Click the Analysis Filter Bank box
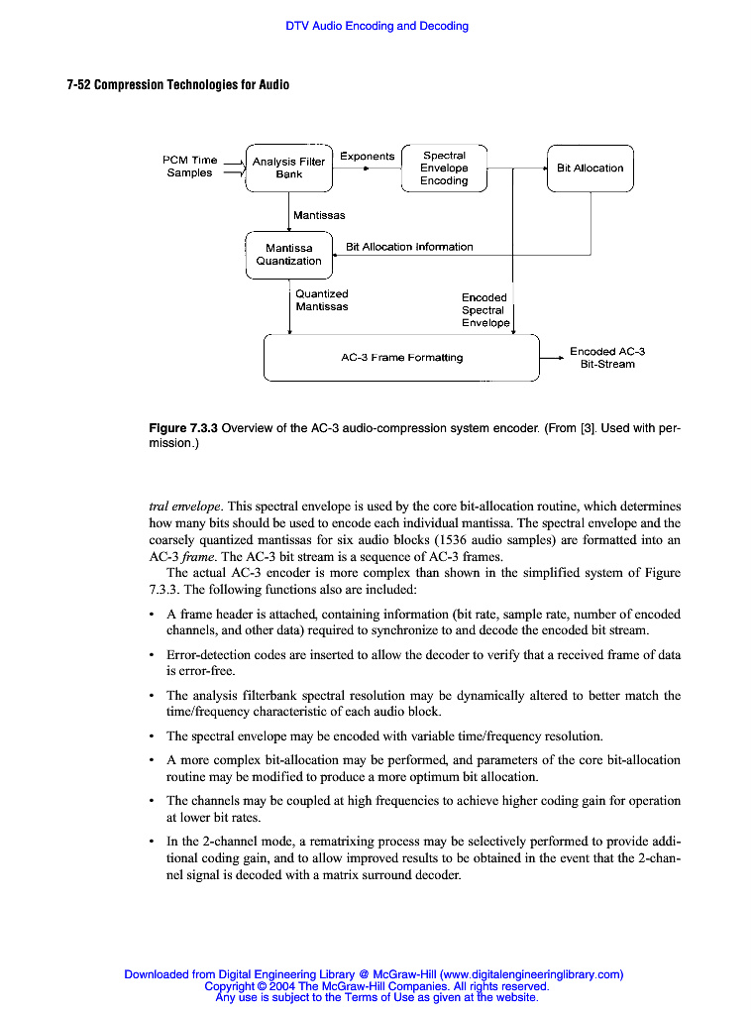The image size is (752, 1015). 288,168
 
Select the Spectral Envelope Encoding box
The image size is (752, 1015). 444,168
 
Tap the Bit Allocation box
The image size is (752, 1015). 590,168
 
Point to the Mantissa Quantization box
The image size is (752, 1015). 288,255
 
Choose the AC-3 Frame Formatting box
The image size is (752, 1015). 401,357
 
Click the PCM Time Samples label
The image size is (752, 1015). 189,167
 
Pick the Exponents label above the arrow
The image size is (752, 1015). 367,156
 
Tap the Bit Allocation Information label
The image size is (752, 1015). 409,247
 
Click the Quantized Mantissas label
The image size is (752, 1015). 322,300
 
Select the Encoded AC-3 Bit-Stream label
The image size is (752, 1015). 607,358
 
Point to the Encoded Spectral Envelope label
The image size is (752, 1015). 484,310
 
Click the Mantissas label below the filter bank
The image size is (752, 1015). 319,215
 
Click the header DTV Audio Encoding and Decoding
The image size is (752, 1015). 376,26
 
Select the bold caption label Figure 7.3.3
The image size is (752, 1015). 183,429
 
